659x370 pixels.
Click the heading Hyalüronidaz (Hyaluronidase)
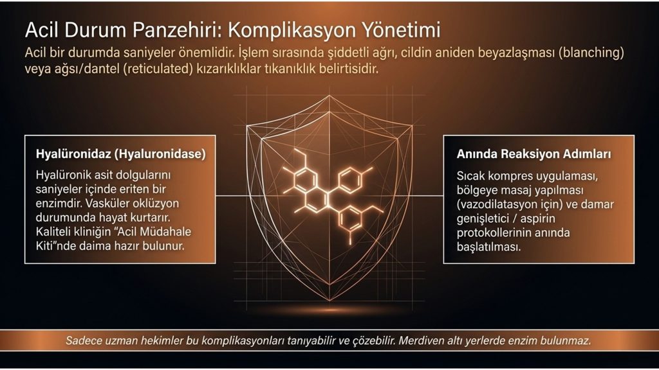[x=121, y=154]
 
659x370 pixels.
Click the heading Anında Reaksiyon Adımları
[x=534, y=154]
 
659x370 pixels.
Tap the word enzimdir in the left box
[x=59, y=203]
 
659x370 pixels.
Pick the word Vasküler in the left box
[x=107, y=203]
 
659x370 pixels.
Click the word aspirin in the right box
[x=538, y=218]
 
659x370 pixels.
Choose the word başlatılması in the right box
[x=489, y=247]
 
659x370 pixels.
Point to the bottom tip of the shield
[x=329, y=301]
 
